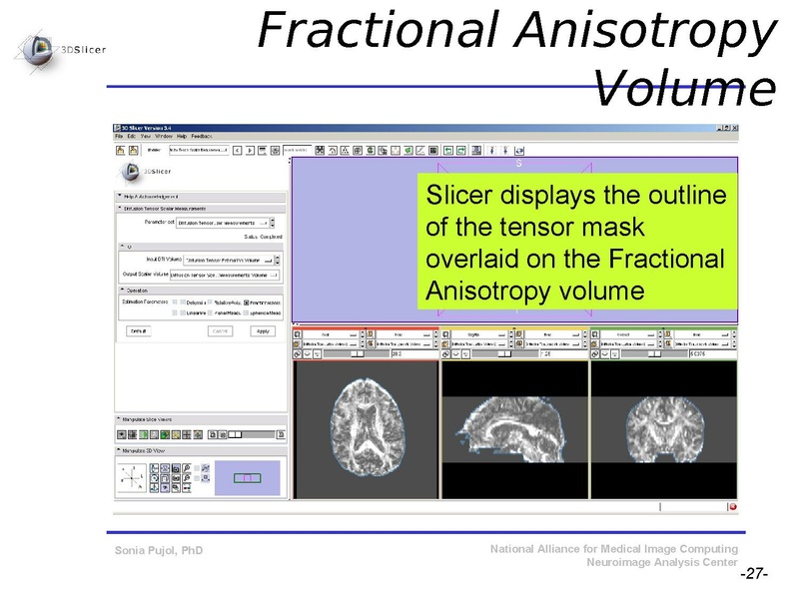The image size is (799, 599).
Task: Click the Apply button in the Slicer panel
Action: pos(264,330)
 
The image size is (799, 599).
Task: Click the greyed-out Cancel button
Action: pos(220,330)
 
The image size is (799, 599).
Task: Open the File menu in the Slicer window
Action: pos(119,136)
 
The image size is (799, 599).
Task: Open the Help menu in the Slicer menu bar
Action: pos(182,136)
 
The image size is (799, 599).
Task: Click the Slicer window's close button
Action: pos(734,129)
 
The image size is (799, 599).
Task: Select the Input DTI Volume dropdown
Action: pos(232,259)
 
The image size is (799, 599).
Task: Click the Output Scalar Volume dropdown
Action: pos(232,274)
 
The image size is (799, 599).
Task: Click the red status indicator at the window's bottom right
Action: pos(732,506)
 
